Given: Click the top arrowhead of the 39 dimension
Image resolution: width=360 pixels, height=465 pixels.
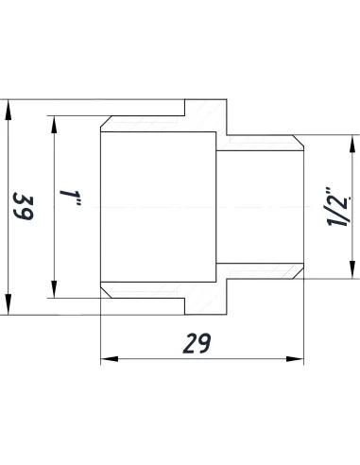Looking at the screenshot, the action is coord(10,107).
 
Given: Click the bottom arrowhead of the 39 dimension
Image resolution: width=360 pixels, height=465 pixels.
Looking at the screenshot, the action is coord(10,311).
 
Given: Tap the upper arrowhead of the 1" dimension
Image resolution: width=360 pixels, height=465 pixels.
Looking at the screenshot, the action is coord(54,123).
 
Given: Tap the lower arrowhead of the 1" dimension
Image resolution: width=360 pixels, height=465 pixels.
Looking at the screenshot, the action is coord(54,289).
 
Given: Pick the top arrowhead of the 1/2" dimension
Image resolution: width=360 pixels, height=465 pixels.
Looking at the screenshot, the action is coord(351,142).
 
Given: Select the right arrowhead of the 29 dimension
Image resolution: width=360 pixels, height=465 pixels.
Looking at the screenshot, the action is coord(300,358).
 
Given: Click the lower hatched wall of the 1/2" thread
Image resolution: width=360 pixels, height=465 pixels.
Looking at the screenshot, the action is coord(260,271).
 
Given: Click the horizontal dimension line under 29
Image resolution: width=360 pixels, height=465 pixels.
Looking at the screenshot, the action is coord(151,358).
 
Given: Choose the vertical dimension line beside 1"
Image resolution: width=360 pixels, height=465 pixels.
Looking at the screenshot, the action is coord(54,246).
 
